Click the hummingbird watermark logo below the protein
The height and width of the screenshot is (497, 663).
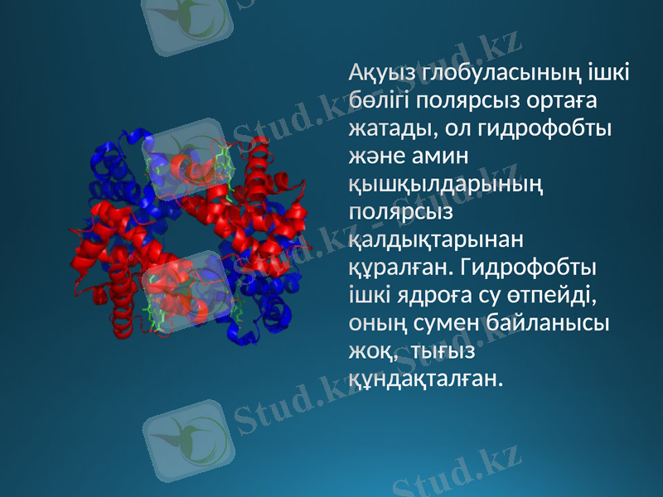tap(184, 439)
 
